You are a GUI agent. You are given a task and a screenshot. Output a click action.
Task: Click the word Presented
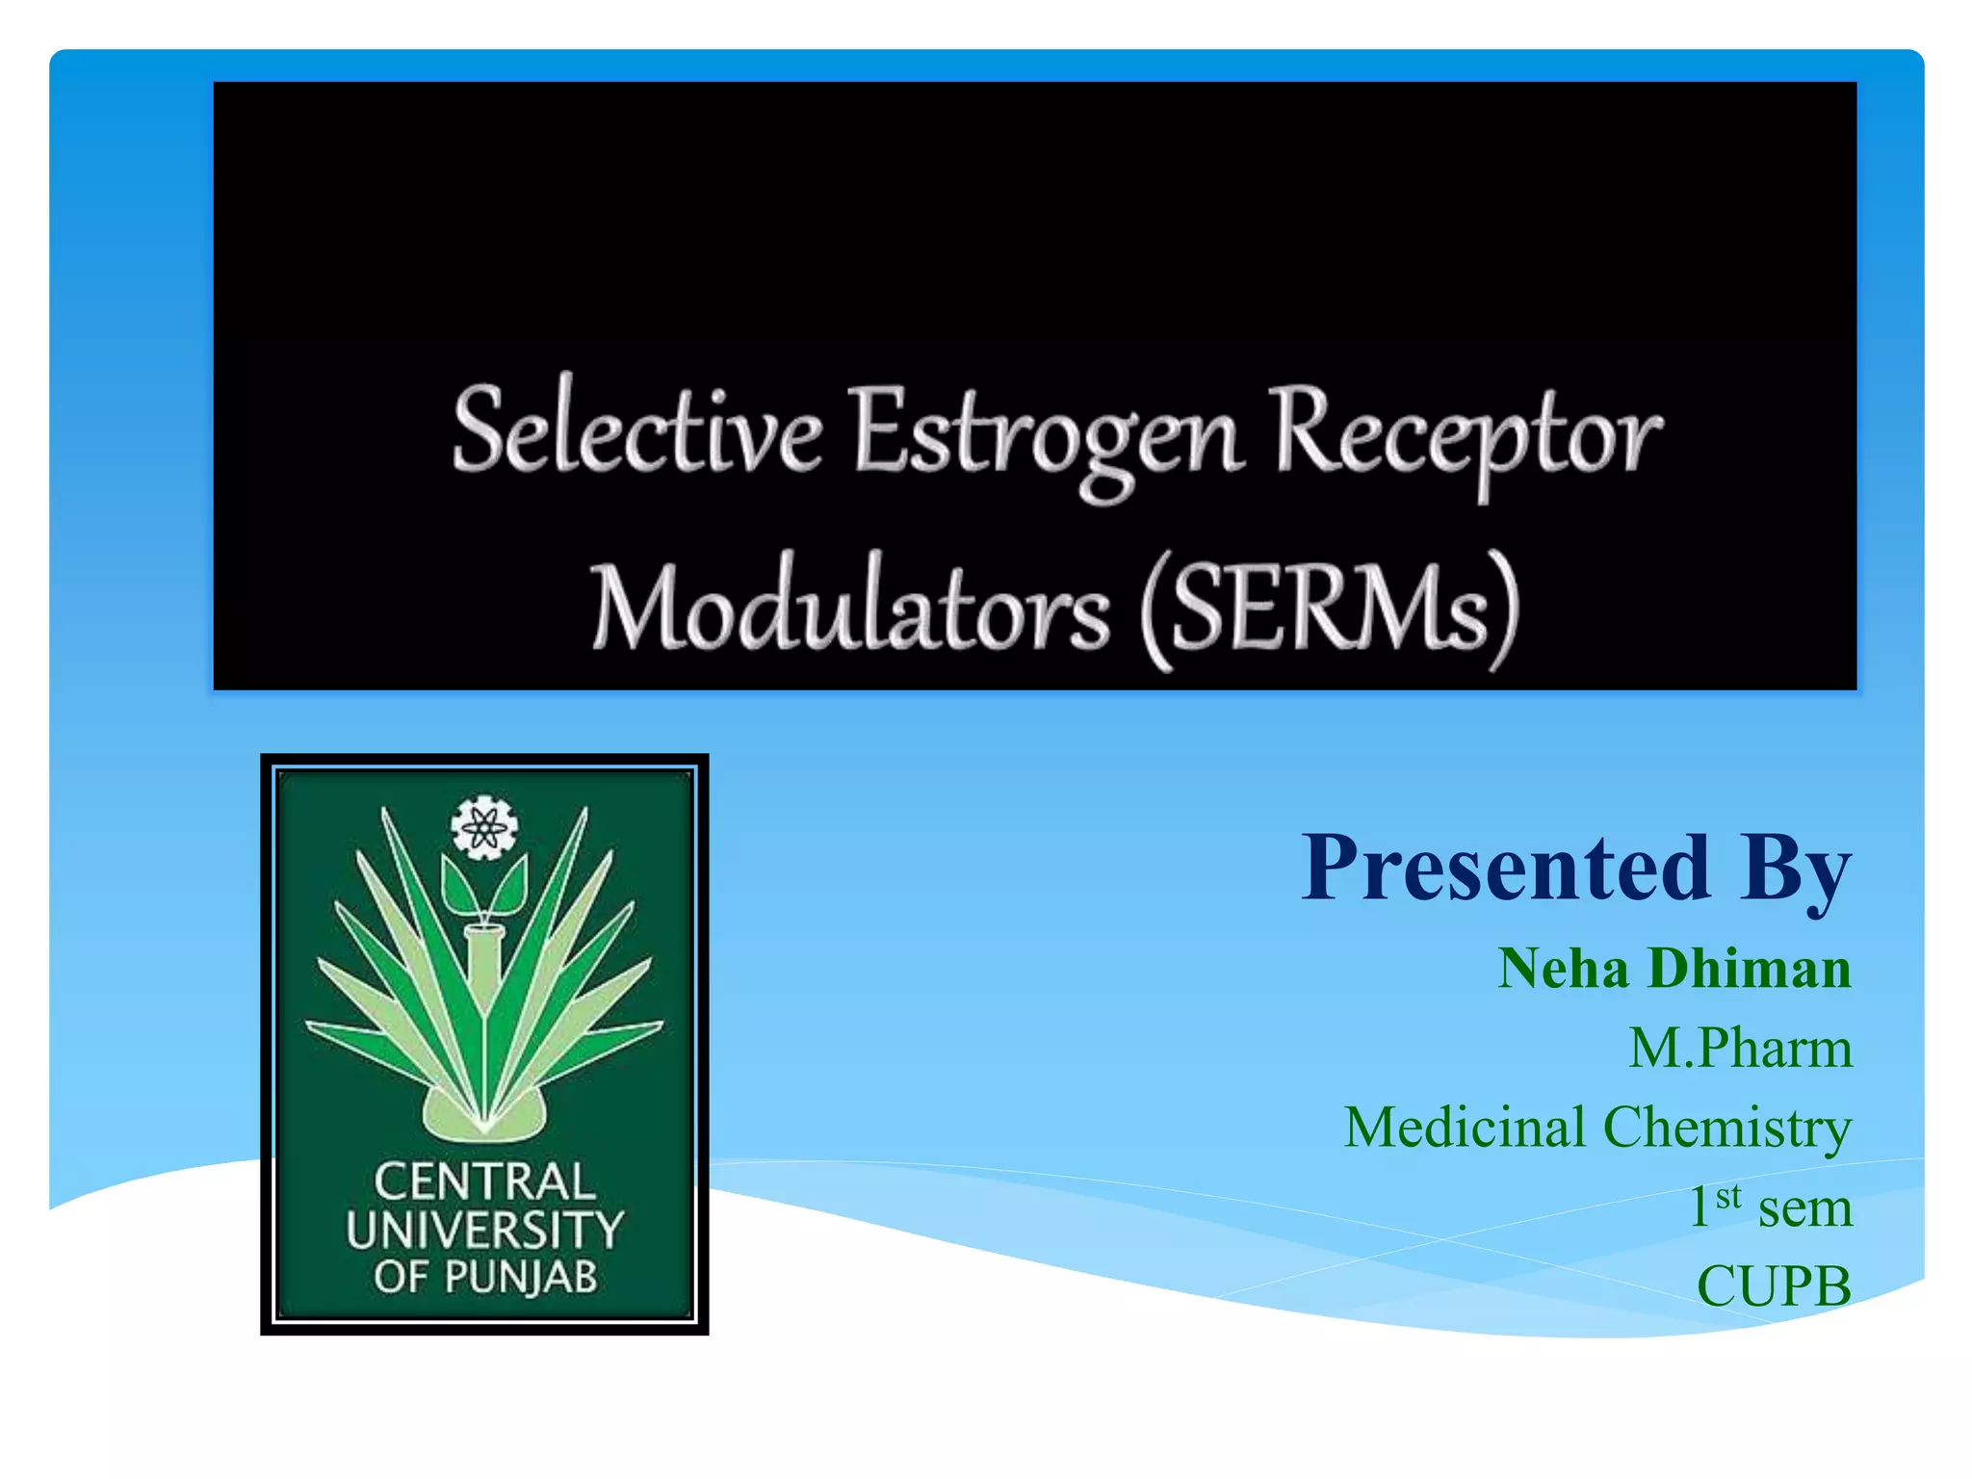(x=1505, y=868)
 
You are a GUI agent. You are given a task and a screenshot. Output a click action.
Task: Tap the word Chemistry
(x=1726, y=1129)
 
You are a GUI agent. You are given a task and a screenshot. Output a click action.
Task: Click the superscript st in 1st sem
(x=1728, y=1196)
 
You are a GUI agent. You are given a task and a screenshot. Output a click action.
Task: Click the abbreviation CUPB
(x=1774, y=1286)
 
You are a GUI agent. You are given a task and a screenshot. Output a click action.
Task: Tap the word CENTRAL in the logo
(x=484, y=1181)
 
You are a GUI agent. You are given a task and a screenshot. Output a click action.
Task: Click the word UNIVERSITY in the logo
(x=484, y=1230)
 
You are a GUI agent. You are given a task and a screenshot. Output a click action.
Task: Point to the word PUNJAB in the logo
(x=520, y=1278)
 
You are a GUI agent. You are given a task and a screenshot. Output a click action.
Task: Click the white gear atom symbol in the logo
(x=484, y=827)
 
